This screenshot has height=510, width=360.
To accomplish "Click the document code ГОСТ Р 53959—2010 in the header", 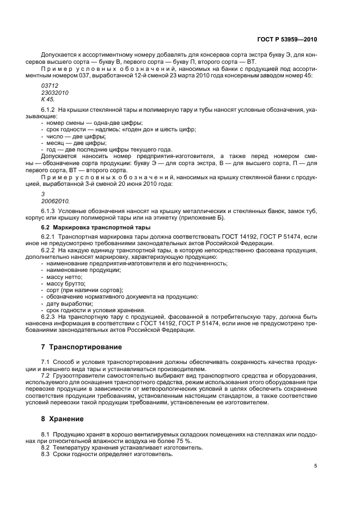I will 287,40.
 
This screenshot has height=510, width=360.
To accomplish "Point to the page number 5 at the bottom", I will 315,466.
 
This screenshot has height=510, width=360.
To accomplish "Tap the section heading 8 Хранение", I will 63,419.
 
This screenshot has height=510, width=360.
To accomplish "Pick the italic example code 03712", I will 49,86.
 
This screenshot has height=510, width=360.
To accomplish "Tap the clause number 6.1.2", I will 48,111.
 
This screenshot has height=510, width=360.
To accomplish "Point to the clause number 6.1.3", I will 48,211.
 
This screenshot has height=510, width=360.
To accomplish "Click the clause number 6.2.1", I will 48,237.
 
